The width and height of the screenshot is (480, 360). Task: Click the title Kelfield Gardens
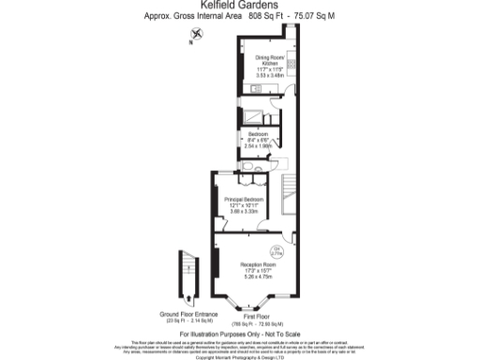pos(240,7)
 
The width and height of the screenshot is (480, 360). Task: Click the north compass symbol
pos(192,35)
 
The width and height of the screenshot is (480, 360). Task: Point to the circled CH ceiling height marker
pos(277,250)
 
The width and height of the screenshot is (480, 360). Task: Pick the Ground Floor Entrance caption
pos(188,315)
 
